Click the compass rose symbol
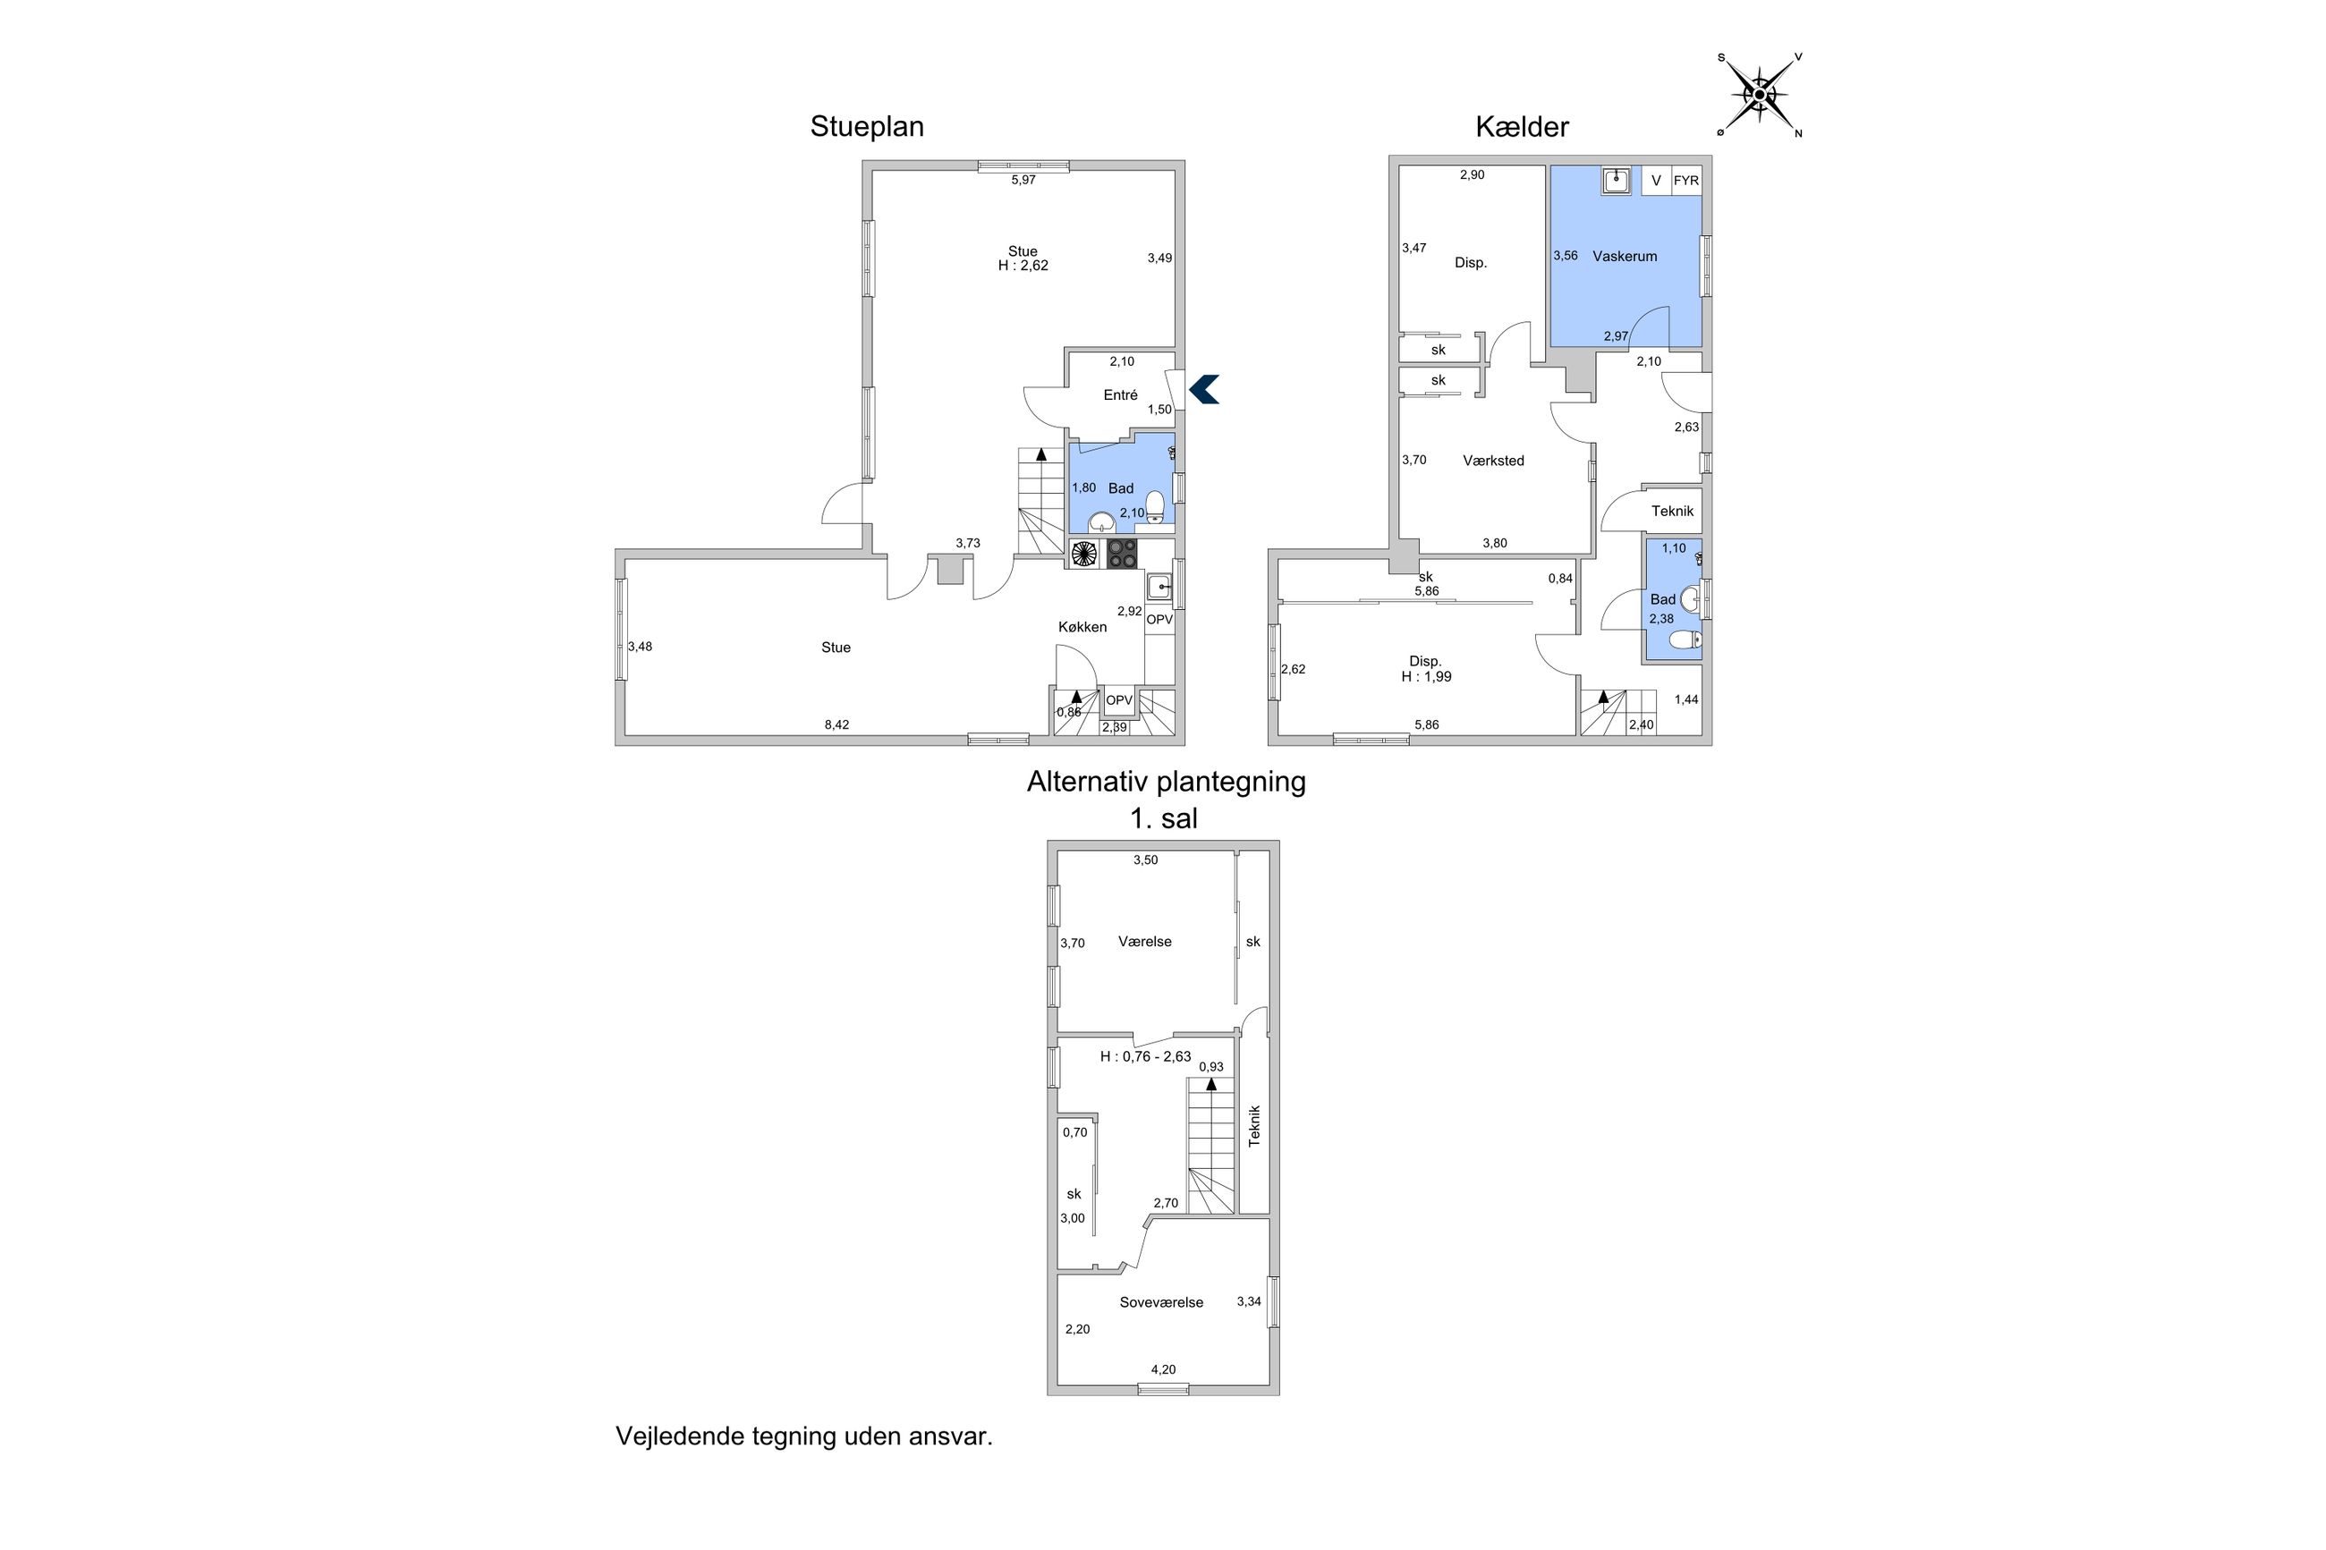[1760, 95]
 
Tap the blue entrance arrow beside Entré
[1204, 389]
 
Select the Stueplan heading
[867, 126]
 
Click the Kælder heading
[1522, 126]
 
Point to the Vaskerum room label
[1624, 256]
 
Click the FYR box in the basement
[1685, 181]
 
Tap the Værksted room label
[1493, 461]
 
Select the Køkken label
[1082, 627]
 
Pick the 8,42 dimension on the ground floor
[836, 724]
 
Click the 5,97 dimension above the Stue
[1023, 180]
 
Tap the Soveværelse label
[1160, 1303]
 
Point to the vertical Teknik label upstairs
[1253, 1125]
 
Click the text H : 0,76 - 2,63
[1145, 1056]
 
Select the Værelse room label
[1145, 942]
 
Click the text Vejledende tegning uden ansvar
[803, 1436]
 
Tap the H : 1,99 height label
[1425, 677]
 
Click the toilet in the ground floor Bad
[1154, 507]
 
